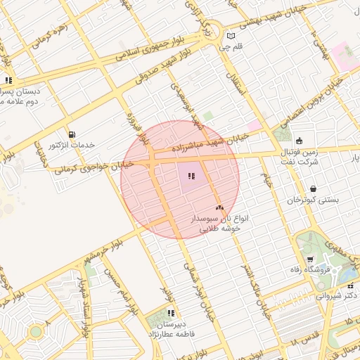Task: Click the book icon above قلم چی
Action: coord(231,36)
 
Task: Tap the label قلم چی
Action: coord(231,48)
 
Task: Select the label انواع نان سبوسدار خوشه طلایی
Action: coord(216,224)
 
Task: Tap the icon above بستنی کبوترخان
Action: coord(312,188)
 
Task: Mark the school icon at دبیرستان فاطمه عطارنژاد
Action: coord(171,313)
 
